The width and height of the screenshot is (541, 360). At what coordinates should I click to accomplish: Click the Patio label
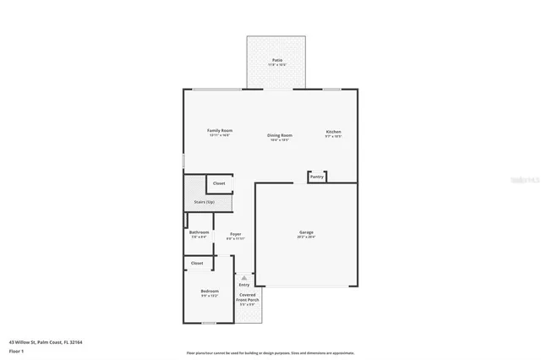click(276, 60)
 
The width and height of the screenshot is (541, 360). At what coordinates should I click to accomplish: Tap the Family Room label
click(220, 131)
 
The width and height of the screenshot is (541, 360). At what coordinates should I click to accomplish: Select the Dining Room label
click(280, 135)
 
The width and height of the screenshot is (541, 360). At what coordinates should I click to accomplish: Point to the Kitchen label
click(334, 132)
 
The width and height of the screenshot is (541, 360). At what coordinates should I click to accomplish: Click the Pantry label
click(317, 177)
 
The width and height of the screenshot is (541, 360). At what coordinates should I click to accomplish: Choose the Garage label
click(305, 232)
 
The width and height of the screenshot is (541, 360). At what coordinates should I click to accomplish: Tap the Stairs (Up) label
click(204, 202)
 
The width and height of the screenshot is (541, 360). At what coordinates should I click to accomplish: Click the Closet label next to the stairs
click(218, 183)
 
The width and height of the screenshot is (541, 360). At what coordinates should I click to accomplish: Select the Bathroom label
click(199, 232)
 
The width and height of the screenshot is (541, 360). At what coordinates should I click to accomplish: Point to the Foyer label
click(235, 234)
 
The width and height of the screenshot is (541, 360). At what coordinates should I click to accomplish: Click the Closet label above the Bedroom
click(197, 263)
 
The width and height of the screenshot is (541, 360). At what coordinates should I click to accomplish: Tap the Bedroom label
click(209, 292)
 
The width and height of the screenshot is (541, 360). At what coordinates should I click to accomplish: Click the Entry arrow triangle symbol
click(243, 277)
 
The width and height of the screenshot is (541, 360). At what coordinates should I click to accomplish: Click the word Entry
click(243, 285)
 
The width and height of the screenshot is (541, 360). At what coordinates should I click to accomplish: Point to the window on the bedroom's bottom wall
click(209, 323)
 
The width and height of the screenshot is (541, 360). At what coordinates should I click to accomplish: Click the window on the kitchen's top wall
click(331, 89)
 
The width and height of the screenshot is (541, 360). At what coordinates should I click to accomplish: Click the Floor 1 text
click(16, 350)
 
